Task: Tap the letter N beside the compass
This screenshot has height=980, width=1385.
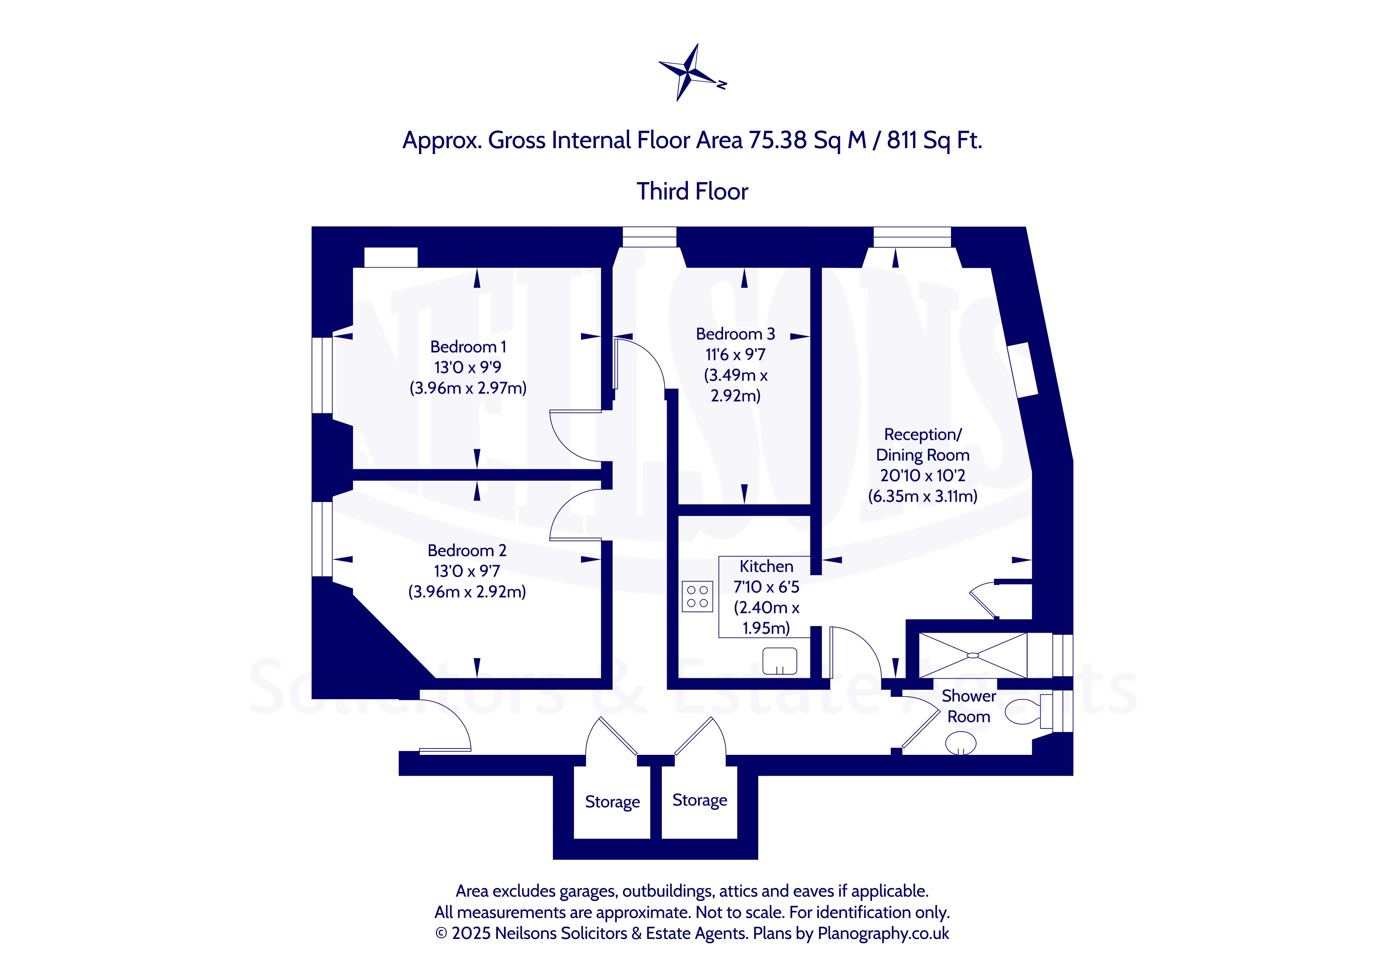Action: pos(722,85)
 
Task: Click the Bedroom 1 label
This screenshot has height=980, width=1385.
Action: pos(468,347)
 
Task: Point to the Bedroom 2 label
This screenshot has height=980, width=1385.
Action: pos(466,550)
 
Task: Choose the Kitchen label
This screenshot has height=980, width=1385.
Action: pos(766,566)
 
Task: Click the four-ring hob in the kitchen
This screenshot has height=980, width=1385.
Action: pos(697,596)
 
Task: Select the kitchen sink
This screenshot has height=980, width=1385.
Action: pos(779,661)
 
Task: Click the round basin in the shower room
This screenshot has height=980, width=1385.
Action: pos(960,743)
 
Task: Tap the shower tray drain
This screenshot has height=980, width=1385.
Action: pos(972,655)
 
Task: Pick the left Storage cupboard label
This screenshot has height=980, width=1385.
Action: pos(612,801)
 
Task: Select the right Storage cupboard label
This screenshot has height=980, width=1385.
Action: pos(700,800)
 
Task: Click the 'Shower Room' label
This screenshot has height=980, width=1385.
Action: pos(968,706)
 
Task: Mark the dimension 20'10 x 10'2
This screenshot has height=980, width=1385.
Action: pos(922,476)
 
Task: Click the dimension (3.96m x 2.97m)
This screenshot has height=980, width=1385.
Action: pos(468,387)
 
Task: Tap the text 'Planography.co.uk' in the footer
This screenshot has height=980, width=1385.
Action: pos(883,933)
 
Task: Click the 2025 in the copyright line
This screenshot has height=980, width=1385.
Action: pos(471,933)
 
